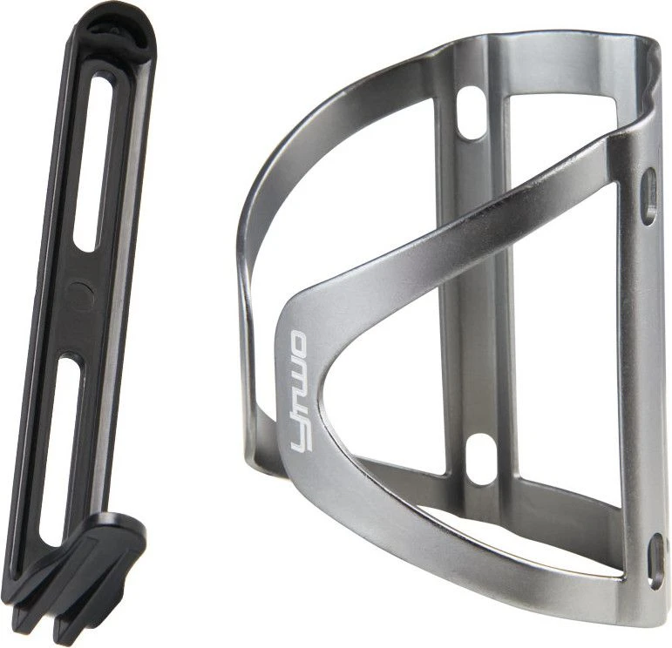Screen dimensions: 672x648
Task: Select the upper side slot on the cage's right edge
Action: click(x=649, y=197)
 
